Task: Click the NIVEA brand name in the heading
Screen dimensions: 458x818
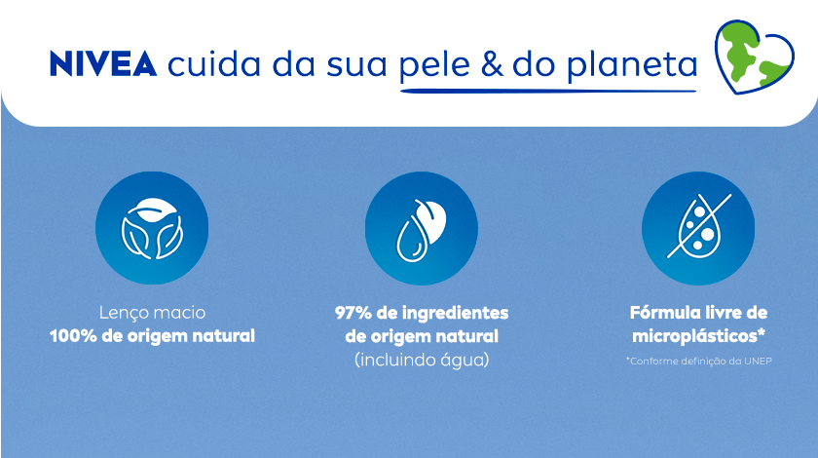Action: [102, 64]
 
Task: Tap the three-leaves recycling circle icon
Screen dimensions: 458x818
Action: [152, 230]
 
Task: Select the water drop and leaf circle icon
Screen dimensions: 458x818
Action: [421, 230]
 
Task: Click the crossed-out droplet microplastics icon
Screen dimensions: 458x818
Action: [698, 230]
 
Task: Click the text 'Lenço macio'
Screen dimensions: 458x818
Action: [152, 314]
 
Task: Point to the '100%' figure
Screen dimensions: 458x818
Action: [74, 337]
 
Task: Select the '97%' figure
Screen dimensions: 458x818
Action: [353, 314]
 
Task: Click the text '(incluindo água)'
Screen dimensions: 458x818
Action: [421, 360]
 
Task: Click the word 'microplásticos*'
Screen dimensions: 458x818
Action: [698, 337]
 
